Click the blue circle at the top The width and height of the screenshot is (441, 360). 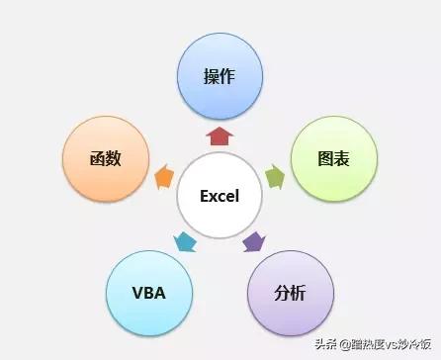point(220,76)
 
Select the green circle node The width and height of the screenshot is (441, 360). point(333,158)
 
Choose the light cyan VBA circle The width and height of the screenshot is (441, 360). point(148,293)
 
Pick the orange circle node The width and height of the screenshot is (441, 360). point(105,158)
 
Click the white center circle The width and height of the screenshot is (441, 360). point(220,195)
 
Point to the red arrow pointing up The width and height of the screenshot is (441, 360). point(220,135)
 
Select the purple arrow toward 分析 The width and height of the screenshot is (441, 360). point(254,240)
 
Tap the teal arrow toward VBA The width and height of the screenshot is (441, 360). point(185,240)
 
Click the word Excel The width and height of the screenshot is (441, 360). point(220,196)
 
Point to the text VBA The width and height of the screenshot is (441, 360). point(148,294)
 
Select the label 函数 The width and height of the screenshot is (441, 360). point(105,158)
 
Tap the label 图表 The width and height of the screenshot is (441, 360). point(333,158)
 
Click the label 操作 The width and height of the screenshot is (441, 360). point(220,76)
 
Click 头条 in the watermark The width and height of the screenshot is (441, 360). point(327,345)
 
